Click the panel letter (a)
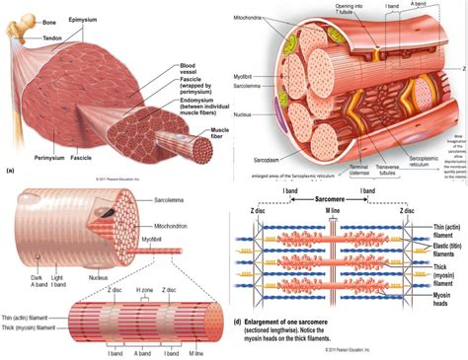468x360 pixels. pyautogui.click(x=10, y=171)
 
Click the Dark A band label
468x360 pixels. pyautogui.click(x=38, y=260)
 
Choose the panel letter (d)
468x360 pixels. pyautogui.click(x=238, y=323)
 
